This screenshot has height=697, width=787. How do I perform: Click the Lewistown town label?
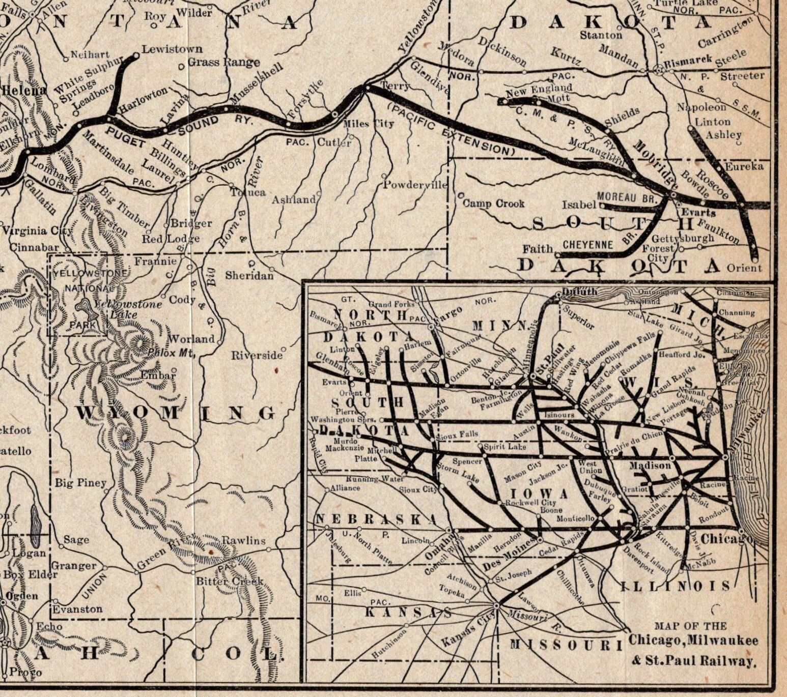(x=172, y=49)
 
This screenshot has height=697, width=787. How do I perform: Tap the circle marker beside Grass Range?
(x=181, y=67)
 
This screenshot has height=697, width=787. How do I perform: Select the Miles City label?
(x=369, y=124)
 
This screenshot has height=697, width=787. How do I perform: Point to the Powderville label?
(x=415, y=185)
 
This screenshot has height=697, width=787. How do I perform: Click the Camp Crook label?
(x=493, y=204)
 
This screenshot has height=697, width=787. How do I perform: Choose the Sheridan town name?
(x=249, y=275)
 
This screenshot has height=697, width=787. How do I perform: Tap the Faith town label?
(x=538, y=249)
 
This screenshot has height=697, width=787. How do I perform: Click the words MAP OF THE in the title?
(x=690, y=626)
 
